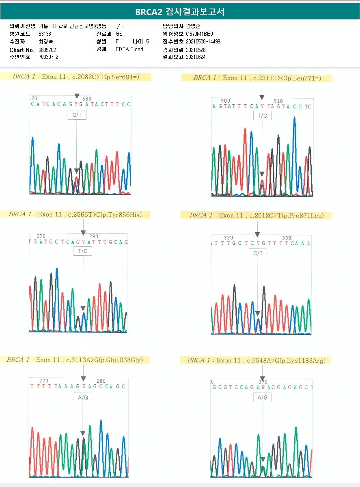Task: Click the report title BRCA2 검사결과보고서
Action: tap(180, 12)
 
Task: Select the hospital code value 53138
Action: tap(45, 34)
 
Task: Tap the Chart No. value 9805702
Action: tap(47, 50)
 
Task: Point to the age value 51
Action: tap(148, 41)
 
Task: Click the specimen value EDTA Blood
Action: tap(129, 50)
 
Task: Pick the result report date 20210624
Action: tap(196, 57)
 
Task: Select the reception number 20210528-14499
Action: tap(203, 41)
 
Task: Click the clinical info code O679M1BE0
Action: tap(199, 34)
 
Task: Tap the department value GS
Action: tap(119, 34)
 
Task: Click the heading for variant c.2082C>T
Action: tap(76, 77)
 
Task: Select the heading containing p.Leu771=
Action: tap(257, 78)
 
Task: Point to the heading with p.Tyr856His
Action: tap(75, 214)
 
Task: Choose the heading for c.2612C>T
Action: tap(256, 215)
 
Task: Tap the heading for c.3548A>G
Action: tap(256, 360)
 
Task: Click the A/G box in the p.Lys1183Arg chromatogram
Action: tap(263, 398)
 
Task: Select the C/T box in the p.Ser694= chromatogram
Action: tap(77, 115)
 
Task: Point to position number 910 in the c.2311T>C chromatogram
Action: tap(278, 101)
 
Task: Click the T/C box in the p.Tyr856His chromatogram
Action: tap(83, 251)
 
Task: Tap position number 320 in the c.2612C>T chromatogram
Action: tap(229, 238)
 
